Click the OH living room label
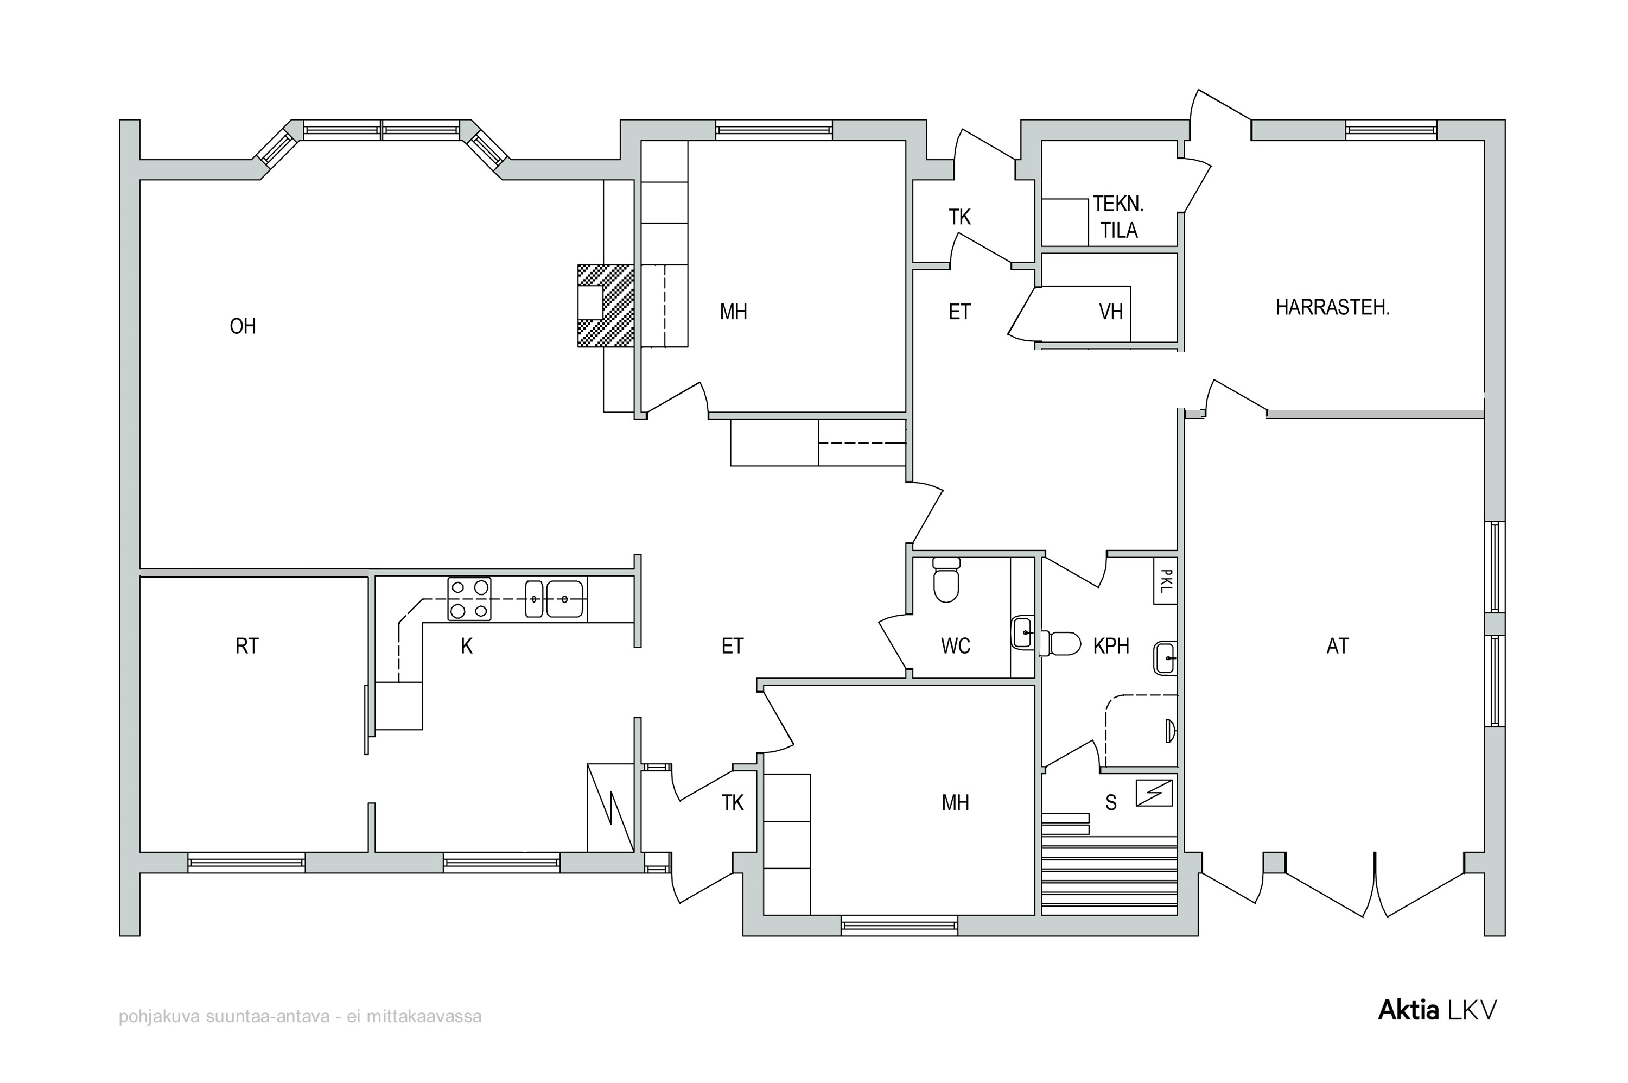(x=243, y=326)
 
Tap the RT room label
(x=246, y=646)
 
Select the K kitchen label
(x=467, y=646)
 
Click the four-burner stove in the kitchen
(x=469, y=599)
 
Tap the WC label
(x=956, y=646)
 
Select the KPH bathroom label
(x=1111, y=646)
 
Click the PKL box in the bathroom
(x=1166, y=581)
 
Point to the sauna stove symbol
(x=1154, y=793)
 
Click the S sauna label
(x=1111, y=802)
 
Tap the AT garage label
(x=1337, y=646)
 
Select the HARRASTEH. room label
(x=1332, y=307)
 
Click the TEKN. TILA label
(x=1118, y=217)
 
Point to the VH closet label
(x=1111, y=312)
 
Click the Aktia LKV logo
(x=1438, y=1010)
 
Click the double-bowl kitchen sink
(x=555, y=599)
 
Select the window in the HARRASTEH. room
(x=1391, y=130)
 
